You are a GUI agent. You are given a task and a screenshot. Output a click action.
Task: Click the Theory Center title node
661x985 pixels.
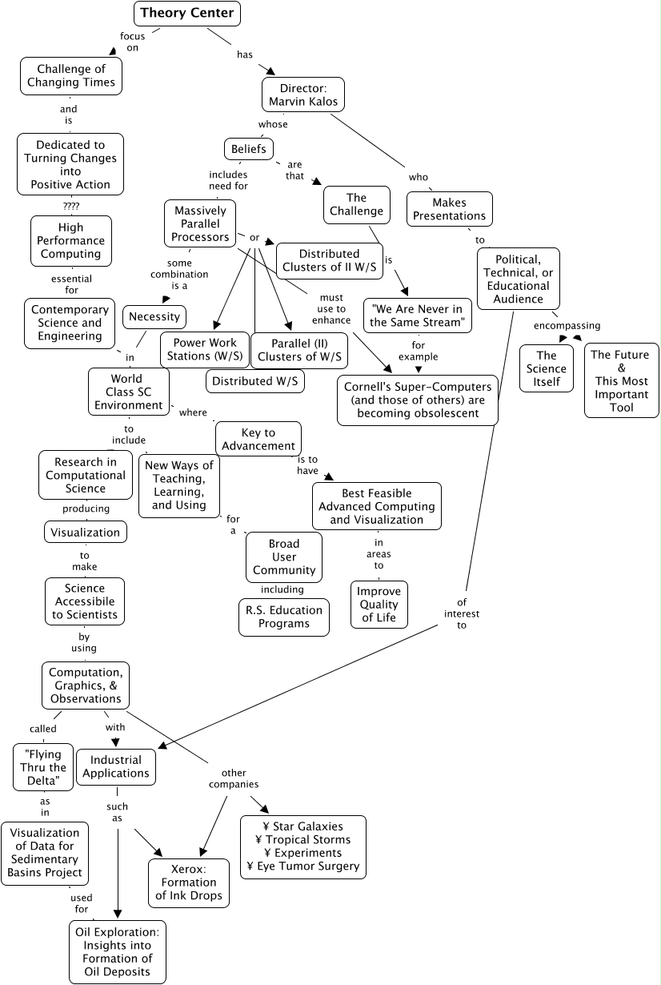[x=186, y=13]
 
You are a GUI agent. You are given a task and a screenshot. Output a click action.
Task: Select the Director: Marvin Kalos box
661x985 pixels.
[x=302, y=94]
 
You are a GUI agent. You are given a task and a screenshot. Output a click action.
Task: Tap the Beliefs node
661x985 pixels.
[x=248, y=149]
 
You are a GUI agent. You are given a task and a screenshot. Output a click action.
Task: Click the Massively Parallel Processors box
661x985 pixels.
[x=200, y=223]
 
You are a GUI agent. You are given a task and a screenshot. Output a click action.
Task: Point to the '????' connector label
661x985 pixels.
[x=71, y=205]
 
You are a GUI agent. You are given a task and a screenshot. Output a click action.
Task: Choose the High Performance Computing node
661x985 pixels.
[x=70, y=240]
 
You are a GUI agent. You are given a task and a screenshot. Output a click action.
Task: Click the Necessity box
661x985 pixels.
[x=154, y=316]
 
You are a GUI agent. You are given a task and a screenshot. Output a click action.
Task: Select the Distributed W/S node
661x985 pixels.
[x=255, y=381]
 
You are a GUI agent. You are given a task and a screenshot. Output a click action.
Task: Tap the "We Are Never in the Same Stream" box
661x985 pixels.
[x=417, y=315]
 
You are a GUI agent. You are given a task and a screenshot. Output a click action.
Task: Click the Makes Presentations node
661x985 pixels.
[x=449, y=209]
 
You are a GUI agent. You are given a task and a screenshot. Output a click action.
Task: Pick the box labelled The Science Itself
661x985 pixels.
[x=546, y=368]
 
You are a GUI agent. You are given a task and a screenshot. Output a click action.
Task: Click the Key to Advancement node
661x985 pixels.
[x=258, y=439]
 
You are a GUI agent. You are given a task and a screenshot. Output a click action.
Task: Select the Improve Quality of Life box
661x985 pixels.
[x=379, y=605]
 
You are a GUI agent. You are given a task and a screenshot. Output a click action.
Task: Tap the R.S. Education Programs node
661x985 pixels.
[x=284, y=617]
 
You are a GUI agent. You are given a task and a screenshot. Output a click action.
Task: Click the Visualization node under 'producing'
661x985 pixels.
[x=85, y=532]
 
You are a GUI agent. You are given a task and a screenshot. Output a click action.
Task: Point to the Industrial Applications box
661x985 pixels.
[x=115, y=766]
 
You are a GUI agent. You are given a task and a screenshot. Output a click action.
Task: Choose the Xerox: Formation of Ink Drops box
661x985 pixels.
[x=189, y=882]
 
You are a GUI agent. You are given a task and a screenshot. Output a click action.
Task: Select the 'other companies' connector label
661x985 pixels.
[x=234, y=778]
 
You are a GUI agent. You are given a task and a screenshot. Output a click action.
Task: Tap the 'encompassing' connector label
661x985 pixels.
[x=567, y=325]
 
